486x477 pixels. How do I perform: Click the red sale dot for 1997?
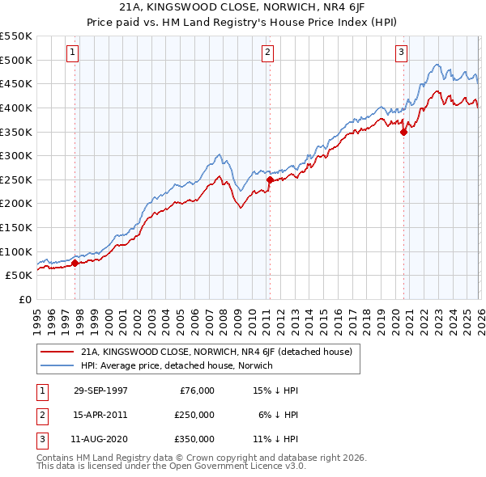pyautogui.click(x=75, y=263)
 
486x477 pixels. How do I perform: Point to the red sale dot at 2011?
pyautogui.click(x=270, y=179)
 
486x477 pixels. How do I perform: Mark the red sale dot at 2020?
pyautogui.click(x=403, y=132)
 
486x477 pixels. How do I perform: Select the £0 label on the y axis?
pyautogui.click(x=23, y=299)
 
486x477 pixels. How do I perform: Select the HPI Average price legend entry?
pyautogui.click(x=177, y=366)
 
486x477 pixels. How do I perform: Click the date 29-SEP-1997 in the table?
pyautogui.click(x=100, y=390)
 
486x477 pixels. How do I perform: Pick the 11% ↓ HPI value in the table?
pyautogui.click(x=275, y=439)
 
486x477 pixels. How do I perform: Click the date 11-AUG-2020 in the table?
pyautogui.click(x=100, y=439)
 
